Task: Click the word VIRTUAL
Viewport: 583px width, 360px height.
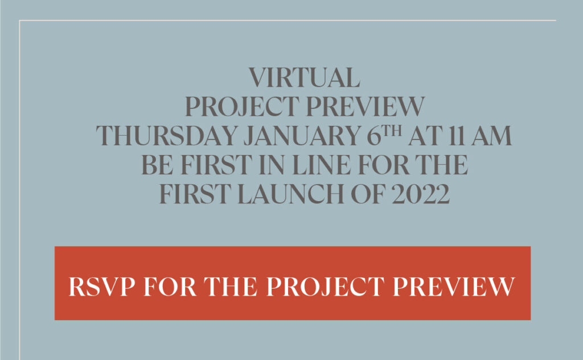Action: (x=304, y=77)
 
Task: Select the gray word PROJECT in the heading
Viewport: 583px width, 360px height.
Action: (x=242, y=107)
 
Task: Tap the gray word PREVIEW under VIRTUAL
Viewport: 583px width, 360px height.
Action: (x=365, y=107)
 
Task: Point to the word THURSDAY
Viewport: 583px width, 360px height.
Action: (x=167, y=136)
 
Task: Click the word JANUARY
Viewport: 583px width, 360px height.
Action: (x=302, y=136)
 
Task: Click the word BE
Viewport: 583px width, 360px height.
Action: (x=157, y=165)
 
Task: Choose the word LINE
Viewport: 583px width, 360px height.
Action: (x=321, y=165)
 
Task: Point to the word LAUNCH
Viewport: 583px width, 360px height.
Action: (x=291, y=194)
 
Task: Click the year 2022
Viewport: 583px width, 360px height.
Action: (x=421, y=194)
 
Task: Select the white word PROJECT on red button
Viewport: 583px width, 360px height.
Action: (x=326, y=287)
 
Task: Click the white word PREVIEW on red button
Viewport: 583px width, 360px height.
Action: (x=454, y=287)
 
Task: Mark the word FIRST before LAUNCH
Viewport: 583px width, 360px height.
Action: (x=195, y=194)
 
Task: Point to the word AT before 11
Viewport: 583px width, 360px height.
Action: (x=425, y=136)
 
